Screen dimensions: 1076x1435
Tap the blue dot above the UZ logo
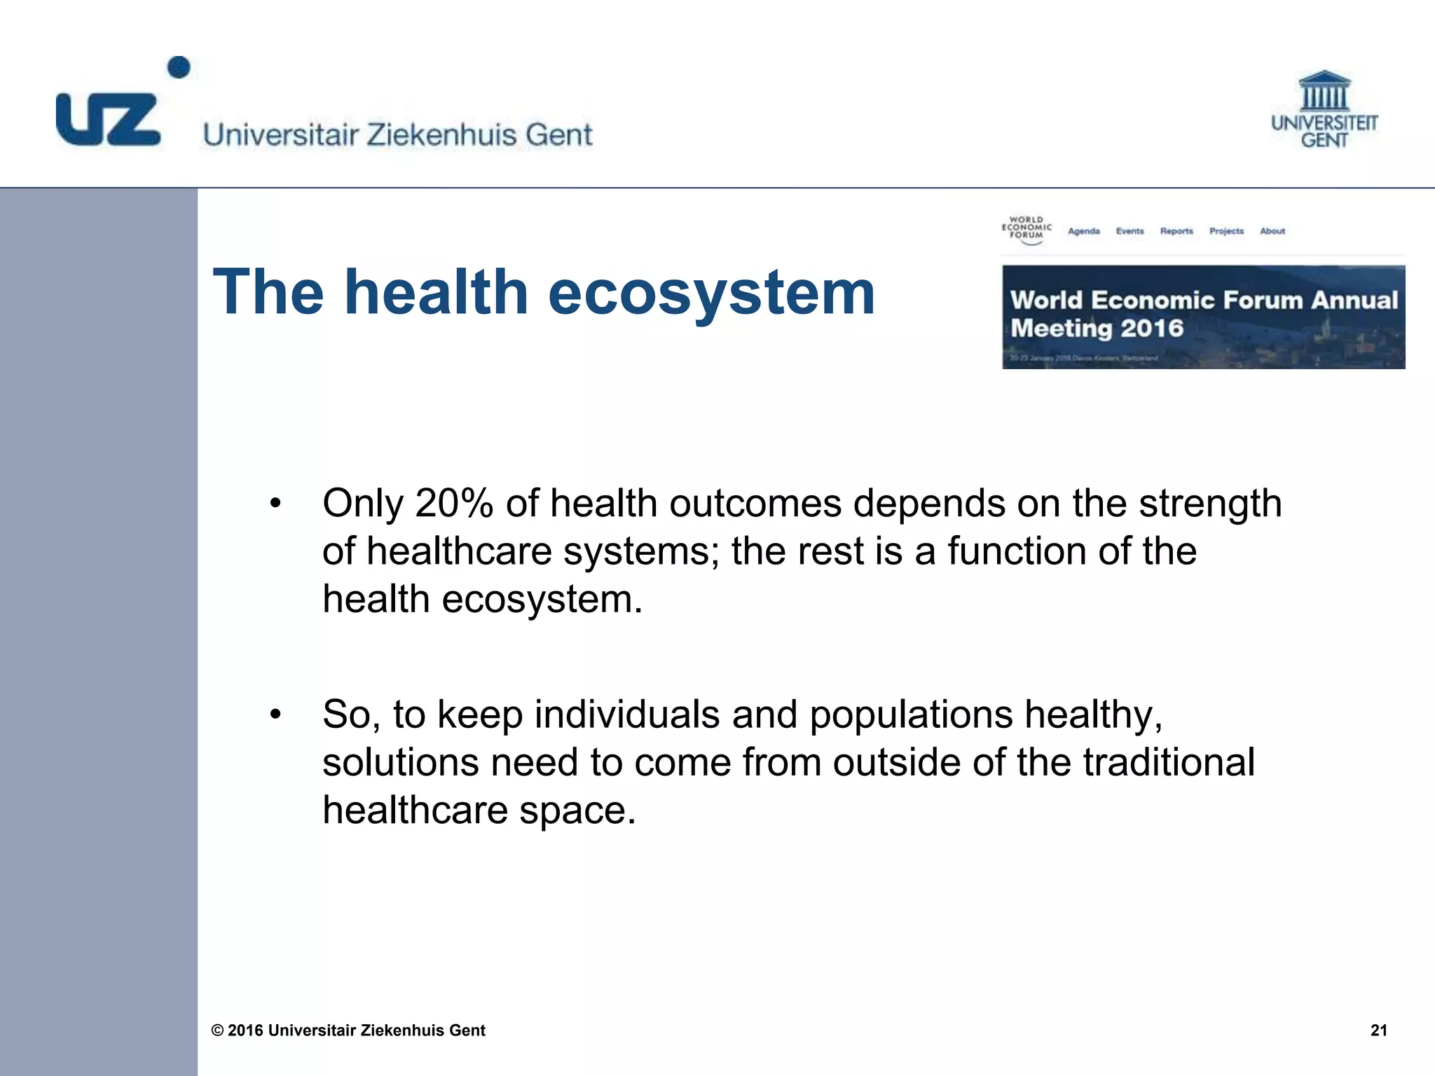point(179,67)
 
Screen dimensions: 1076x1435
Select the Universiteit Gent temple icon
point(1324,91)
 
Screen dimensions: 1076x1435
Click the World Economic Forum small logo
point(1027,229)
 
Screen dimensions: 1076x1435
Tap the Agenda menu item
point(1083,231)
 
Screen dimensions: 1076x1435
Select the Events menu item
point(1130,231)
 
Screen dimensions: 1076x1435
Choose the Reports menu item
point(1176,231)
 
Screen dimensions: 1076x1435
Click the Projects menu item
point(1226,231)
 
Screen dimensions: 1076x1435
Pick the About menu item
point(1272,231)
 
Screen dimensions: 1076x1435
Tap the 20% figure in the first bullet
point(454,503)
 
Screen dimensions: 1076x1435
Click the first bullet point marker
point(275,503)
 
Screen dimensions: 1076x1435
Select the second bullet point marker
point(275,715)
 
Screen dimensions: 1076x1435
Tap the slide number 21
point(1378,1030)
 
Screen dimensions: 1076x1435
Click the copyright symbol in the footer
point(218,1030)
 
